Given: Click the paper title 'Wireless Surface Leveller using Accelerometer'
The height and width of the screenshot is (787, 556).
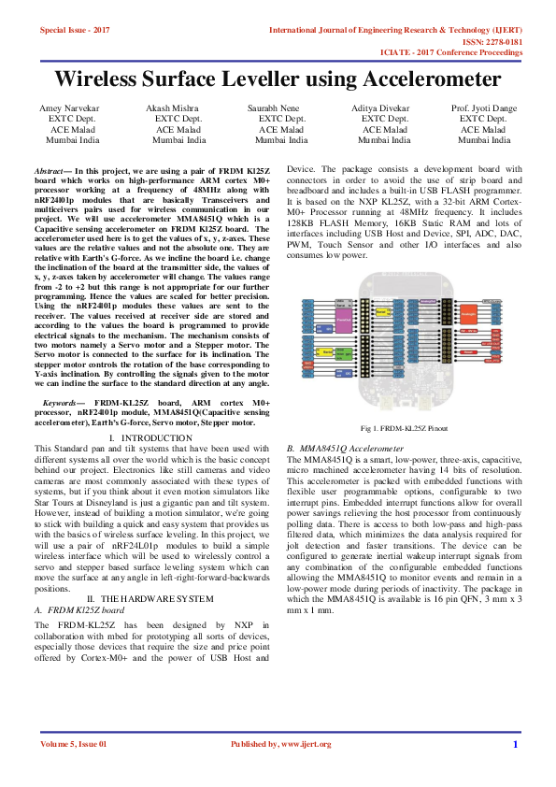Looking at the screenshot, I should click(x=278, y=78).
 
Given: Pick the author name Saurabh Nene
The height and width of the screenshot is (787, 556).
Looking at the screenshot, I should click(x=281, y=108).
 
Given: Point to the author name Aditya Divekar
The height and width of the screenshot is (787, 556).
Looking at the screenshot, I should click(x=385, y=108).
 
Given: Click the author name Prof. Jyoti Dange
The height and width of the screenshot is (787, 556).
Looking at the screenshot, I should click(x=484, y=108).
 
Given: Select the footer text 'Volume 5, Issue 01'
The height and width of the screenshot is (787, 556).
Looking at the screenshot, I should click(x=74, y=744).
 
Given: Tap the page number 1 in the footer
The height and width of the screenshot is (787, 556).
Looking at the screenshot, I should click(x=514, y=744).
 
